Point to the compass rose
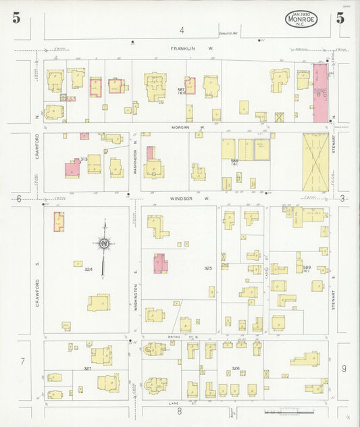coord(104,245)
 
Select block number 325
coord(208,269)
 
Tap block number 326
coord(235,368)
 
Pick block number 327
coord(87,368)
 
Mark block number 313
coord(84,158)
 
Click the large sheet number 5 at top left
coord(16,18)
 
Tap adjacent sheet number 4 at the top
coord(181,30)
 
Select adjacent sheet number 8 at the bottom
coord(180,410)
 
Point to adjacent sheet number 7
coord(22,362)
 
